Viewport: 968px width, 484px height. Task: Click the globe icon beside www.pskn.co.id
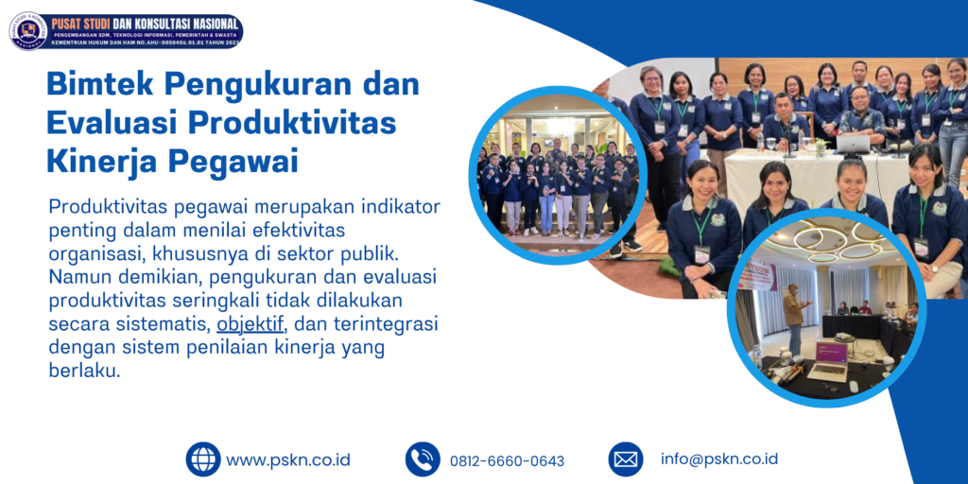coord(202,459)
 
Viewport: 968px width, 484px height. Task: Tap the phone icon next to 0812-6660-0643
coord(423,459)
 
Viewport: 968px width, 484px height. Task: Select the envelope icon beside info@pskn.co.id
coord(625,459)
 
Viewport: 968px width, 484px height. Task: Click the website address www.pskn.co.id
coord(288,460)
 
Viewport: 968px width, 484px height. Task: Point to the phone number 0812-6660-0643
coord(507,461)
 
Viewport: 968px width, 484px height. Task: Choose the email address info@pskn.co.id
coord(719,458)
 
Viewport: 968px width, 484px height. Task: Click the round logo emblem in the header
coord(27,30)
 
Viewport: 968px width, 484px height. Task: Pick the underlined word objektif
coord(251,324)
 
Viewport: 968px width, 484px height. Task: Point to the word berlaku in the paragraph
coord(84,371)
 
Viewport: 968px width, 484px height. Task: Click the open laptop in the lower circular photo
coord(831,355)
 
